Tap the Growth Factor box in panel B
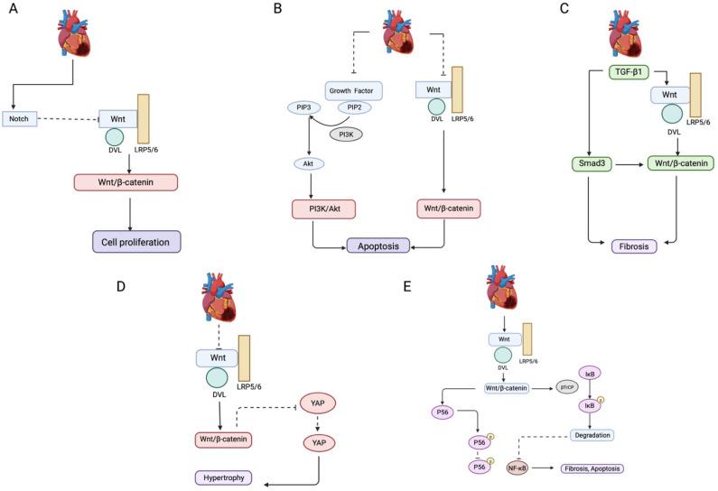[x=355, y=90]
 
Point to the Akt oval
[x=308, y=164]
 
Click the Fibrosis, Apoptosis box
[x=592, y=468]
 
